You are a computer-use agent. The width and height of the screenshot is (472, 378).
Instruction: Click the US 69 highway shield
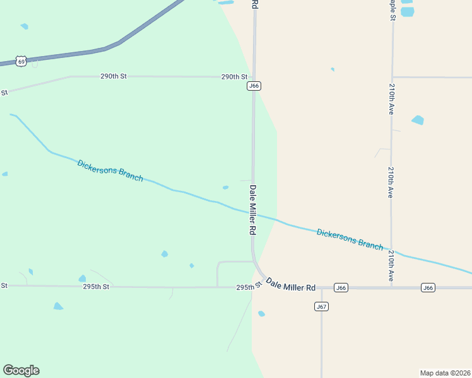click(21, 60)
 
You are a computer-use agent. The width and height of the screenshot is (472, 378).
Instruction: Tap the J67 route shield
click(321, 306)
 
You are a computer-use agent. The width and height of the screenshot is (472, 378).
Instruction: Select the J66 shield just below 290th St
click(254, 86)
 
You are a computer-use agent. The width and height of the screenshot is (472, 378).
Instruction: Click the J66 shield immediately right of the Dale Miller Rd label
click(341, 287)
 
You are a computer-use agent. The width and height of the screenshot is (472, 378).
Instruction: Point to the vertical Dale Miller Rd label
click(252, 210)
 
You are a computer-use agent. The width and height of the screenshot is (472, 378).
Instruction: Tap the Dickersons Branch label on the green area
click(110, 171)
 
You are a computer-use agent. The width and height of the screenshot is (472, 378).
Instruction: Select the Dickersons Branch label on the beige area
click(350, 239)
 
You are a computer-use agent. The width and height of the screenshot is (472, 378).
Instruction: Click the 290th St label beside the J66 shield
click(234, 77)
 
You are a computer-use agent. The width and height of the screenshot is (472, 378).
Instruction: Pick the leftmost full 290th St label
click(114, 76)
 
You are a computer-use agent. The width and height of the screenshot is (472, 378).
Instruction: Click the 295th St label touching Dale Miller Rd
click(249, 287)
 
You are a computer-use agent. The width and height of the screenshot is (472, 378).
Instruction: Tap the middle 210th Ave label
click(391, 183)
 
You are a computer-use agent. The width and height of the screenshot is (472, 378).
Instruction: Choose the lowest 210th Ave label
click(391, 265)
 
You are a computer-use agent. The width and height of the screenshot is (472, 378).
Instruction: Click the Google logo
click(21, 370)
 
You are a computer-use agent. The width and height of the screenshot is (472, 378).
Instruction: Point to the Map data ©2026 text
click(445, 372)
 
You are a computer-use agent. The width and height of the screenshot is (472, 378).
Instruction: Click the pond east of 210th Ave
click(418, 120)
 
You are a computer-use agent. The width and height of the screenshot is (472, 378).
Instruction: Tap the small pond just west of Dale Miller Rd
click(225, 187)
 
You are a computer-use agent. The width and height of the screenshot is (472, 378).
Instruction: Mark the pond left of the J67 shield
click(261, 313)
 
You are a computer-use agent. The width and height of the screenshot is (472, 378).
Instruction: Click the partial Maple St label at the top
click(392, 9)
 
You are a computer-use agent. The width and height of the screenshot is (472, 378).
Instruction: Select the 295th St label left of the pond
click(97, 286)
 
